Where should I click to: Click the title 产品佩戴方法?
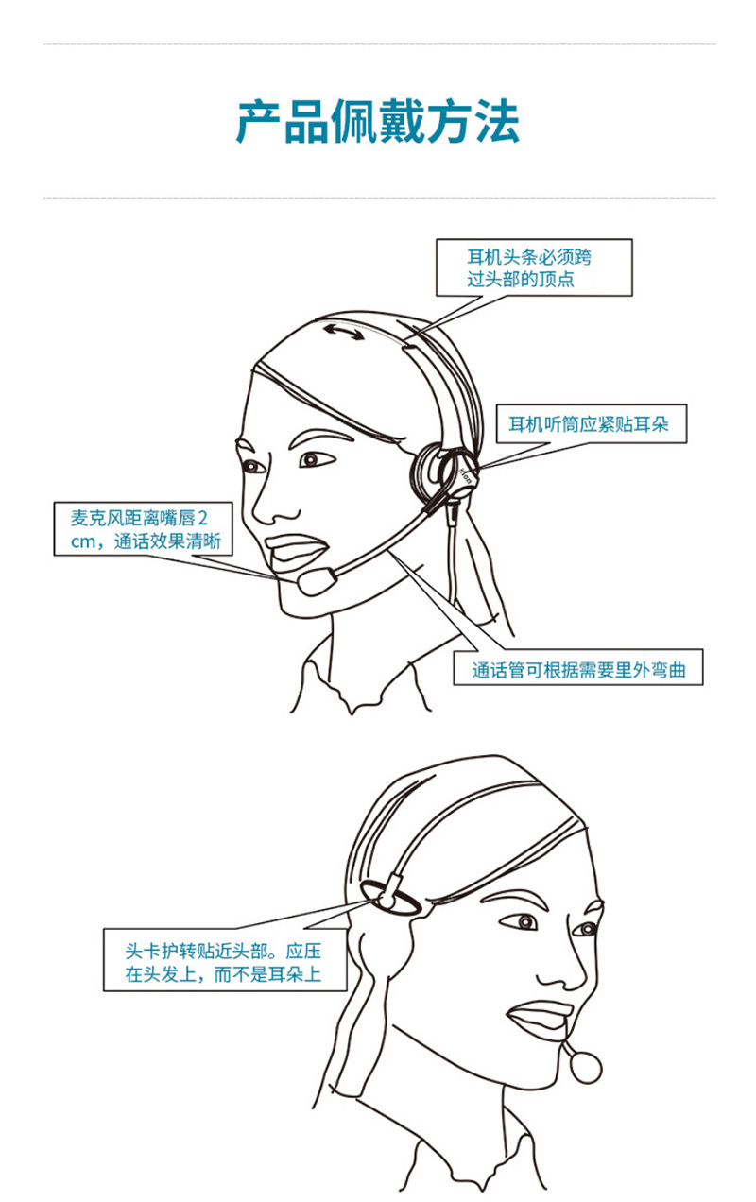378,122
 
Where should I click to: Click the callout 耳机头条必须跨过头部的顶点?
534,267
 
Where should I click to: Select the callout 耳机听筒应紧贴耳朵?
591,424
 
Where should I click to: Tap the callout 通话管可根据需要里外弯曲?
577,667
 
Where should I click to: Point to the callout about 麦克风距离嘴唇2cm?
144,529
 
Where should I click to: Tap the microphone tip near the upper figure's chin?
317,582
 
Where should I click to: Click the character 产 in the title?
259,122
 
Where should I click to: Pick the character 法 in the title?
497,122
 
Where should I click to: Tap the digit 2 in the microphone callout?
202,519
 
